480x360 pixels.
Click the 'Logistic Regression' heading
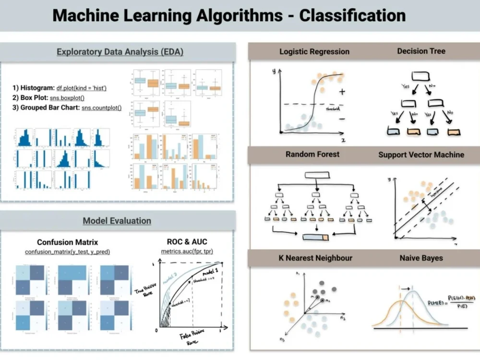314,51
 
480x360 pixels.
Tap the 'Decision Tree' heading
421,51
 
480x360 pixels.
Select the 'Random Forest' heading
312,154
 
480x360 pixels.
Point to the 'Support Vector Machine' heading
421,155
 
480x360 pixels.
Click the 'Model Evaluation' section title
117,221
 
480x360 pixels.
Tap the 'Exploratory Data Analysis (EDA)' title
120,52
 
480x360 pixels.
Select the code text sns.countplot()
101,108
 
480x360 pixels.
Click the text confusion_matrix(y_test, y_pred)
67,252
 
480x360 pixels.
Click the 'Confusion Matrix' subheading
67,242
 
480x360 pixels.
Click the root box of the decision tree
420,75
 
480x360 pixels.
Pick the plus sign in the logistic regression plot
342,91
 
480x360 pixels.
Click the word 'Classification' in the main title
352,15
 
